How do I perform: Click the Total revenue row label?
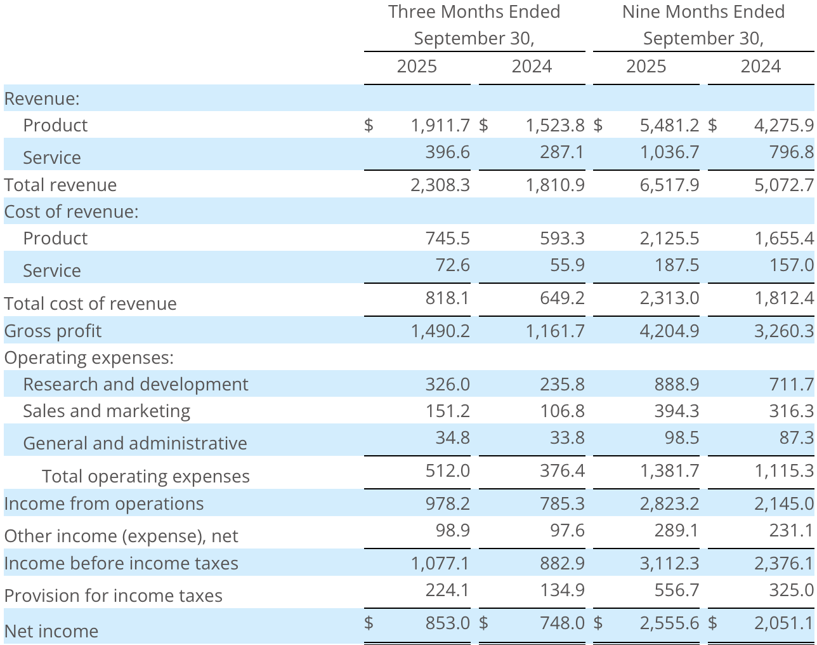(x=60, y=185)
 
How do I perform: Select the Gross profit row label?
(x=53, y=331)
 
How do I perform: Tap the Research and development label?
(x=135, y=384)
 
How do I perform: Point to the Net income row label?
(x=51, y=631)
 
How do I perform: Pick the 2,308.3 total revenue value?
(x=440, y=185)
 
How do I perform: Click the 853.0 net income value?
(x=448, y=623)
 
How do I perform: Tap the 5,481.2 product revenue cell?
(x=669, y=125)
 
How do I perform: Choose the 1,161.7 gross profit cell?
(x=555, y=331)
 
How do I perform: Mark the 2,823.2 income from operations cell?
(x=669, y=503)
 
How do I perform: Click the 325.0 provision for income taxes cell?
(x=791, y=590)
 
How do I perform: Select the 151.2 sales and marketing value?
(x=448, y=411)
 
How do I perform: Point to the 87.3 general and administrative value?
(x=796, y=437)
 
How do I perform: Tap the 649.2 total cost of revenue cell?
(x=562, y=298)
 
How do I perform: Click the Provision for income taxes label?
(x=113, y=595)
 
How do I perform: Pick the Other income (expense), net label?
(x=121, y=536)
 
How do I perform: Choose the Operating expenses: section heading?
(x=89, y=357)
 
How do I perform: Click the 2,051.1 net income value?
(x=783, y=623)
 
